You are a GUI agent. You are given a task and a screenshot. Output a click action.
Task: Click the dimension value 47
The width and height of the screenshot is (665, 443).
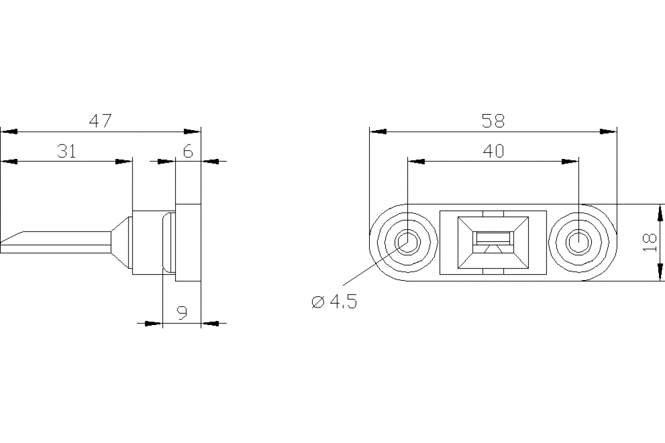(101, 121)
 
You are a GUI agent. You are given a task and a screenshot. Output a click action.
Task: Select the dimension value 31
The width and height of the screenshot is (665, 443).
(66, 151)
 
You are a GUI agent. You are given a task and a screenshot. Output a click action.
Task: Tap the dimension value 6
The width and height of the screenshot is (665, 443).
(188, 151)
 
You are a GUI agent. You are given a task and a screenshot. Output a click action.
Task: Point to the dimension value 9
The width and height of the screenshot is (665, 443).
(182, 313)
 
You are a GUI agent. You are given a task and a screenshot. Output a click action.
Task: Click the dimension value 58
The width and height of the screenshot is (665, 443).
(493, 121)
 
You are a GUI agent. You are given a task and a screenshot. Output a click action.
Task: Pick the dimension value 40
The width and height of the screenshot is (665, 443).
(493, 151)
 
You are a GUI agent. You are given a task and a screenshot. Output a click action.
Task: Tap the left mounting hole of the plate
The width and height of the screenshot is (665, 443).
(407, 242)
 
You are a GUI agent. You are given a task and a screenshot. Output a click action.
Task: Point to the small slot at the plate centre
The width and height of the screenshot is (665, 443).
(493, 238)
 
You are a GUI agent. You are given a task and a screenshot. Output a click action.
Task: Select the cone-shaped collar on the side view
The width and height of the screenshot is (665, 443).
(122, 242)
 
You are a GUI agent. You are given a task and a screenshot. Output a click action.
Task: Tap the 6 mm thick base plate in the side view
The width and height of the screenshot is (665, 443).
(188, 243)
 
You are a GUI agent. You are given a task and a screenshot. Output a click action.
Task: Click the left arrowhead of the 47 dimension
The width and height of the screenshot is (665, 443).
(9, 132)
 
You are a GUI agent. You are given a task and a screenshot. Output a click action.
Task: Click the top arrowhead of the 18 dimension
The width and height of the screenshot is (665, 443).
(659, 213)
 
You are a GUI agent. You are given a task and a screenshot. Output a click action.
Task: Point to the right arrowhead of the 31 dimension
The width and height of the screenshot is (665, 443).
(124, 161)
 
